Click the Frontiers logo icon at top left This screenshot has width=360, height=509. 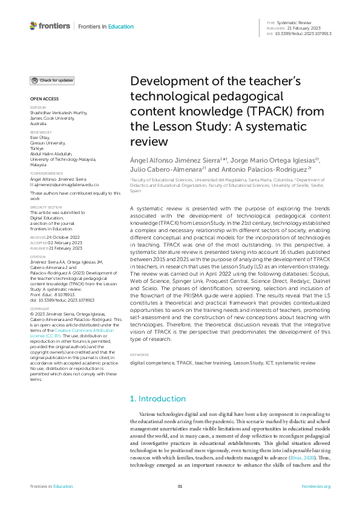tap(33, 26)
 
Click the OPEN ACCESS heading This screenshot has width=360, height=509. tap(44, 99)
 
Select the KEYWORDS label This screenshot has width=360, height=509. tap(140, 355)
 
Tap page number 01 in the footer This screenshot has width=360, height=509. tap(180, 487)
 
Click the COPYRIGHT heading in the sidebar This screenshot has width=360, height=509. tap(40, 308)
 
